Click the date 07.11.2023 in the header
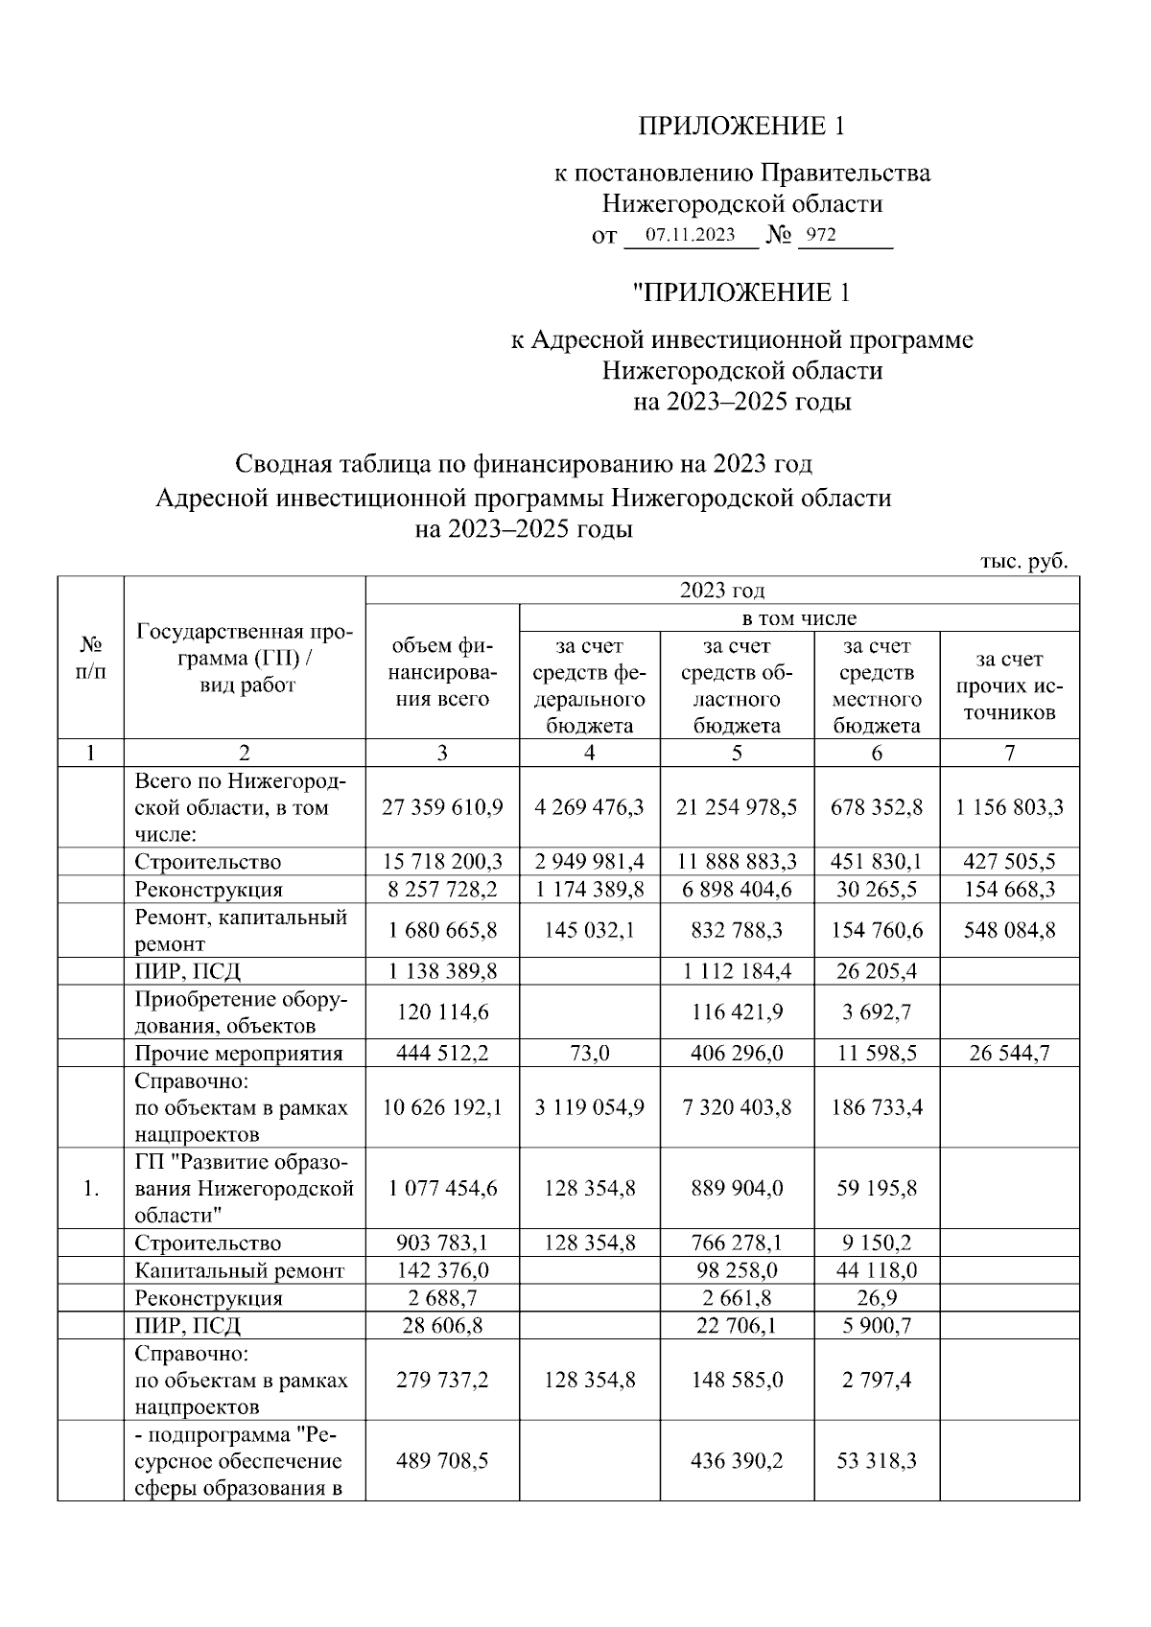(690, 235)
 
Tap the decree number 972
(821, 235)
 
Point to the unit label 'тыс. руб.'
(1023, 561)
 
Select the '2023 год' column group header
(722, 590)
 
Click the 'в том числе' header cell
(799, 617)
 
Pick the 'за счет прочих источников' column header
(1009, 686)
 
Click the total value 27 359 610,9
(442, 807)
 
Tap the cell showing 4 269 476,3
(589, 807)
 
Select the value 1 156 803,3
(1009, 807)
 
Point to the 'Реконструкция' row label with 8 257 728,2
(209, 889)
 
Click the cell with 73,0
(589, 1053)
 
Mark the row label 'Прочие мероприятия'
(239, 1053)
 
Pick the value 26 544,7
(1009, 1053)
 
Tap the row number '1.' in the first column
(90, 1188)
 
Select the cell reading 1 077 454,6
(442, 1188)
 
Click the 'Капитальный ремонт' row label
(239, 1270)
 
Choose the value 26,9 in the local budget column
(877, 1298)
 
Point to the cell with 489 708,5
(442, 1461)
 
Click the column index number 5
(736, 753)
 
